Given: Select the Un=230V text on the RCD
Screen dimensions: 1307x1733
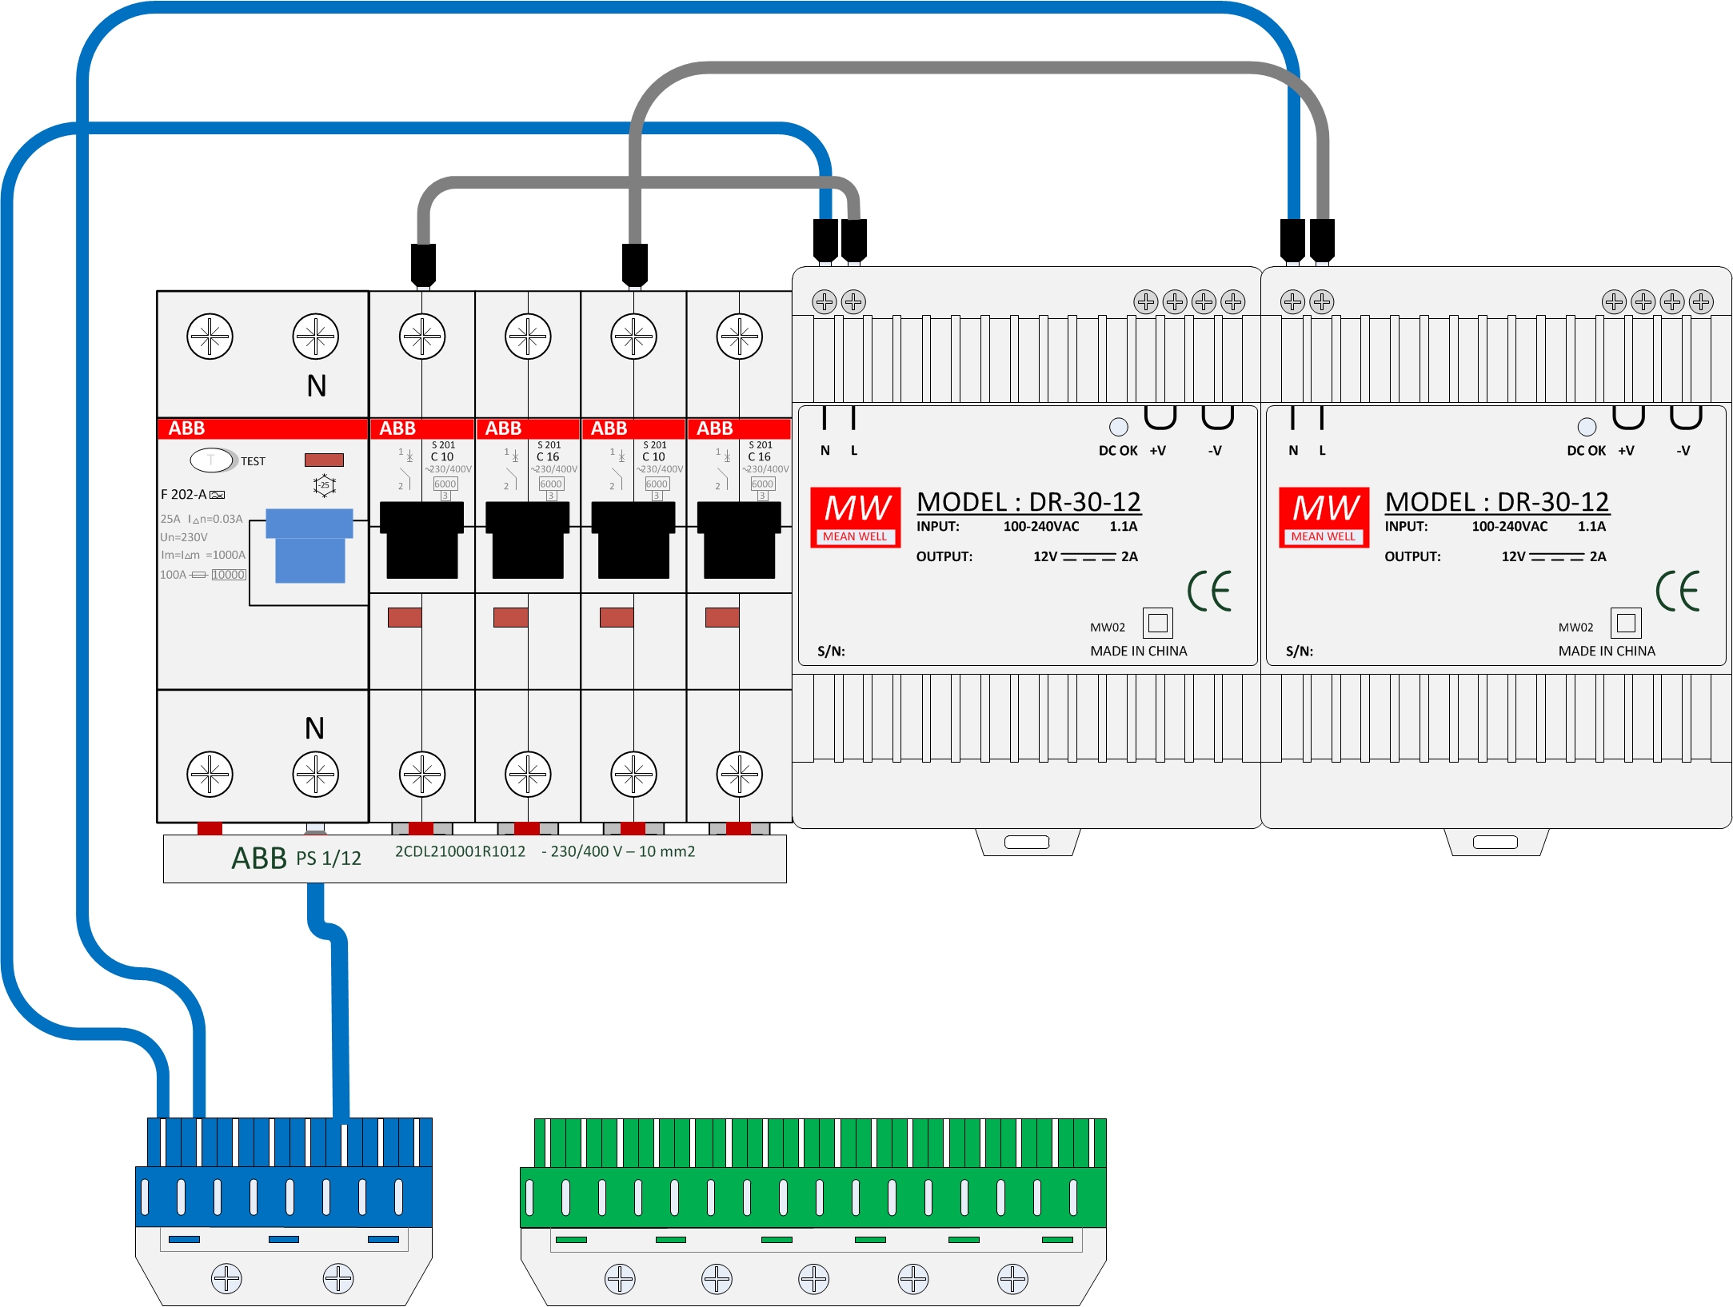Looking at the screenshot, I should (184, 537).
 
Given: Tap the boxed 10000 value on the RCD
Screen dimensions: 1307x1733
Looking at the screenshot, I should (229, 575).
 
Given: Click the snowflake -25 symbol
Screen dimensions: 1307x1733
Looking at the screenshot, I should (324, 485).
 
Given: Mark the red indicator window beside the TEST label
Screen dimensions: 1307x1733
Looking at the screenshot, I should (324, 460).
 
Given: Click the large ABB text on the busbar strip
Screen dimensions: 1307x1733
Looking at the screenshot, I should (258, 858).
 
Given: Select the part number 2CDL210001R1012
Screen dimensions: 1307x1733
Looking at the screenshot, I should (460, 851).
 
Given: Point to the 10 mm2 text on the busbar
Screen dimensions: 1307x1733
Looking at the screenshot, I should (667, 851).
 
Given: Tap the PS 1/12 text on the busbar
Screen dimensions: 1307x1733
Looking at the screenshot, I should (329, 859).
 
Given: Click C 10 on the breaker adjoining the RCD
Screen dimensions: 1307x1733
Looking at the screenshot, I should (442, 457).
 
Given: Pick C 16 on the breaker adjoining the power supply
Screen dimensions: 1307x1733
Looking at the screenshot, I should (759, 457).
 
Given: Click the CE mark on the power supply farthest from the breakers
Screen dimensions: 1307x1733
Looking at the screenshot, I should (1678, 592).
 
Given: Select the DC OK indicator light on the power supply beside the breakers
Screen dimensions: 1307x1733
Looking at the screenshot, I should (1119, 427).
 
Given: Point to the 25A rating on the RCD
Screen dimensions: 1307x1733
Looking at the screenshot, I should (170, 519).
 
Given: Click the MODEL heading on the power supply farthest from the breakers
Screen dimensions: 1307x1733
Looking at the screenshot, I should (1496, 502).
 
